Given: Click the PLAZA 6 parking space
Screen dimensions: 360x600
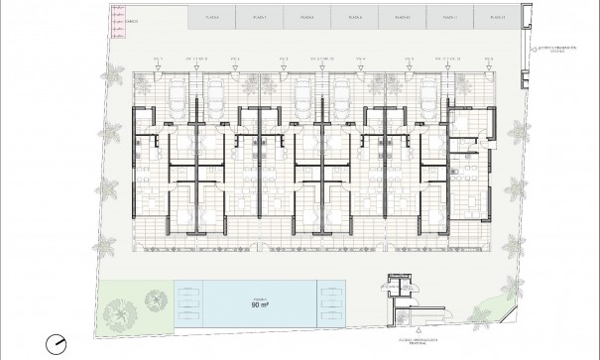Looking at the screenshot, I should (x=210, y=17).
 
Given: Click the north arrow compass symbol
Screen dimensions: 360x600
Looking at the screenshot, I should (x=57, y=343).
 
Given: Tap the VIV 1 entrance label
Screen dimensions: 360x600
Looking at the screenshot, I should (x=157, y=60).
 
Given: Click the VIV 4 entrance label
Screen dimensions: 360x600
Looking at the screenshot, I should (x=362, y=60).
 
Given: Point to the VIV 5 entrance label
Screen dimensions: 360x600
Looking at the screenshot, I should (x=410, y=60).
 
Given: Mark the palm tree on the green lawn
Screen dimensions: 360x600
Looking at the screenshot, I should (x=120, y=316).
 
